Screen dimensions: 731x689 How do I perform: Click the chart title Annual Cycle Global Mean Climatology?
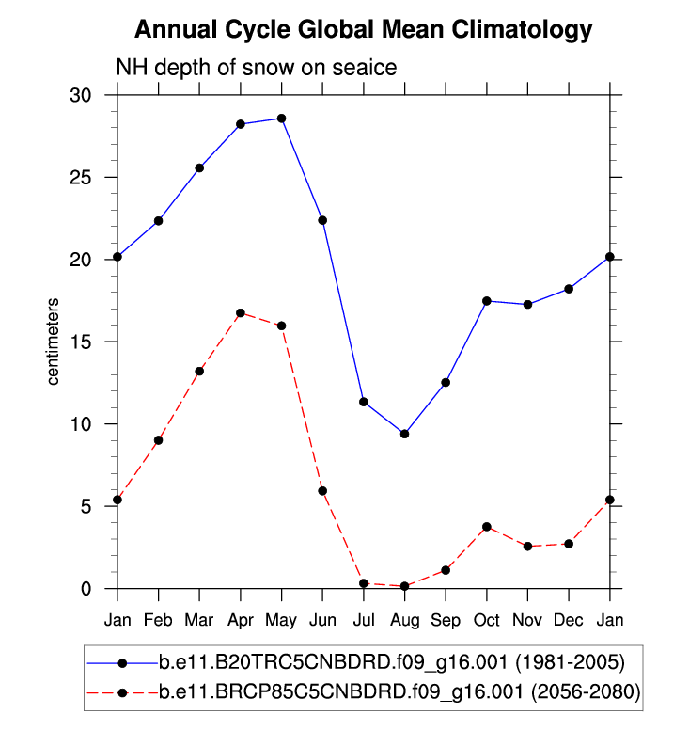coord(364,30)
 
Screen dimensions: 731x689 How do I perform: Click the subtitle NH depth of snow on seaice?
coord(256,68)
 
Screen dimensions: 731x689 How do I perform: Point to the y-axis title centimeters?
coord(54,342)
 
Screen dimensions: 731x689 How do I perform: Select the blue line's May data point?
coord(281,119)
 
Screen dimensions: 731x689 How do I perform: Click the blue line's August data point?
coord(404,434)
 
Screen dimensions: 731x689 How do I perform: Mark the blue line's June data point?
coord(322,220)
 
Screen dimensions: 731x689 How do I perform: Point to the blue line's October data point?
coord(487,301)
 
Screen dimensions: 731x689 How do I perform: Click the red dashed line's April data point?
coord(241,313)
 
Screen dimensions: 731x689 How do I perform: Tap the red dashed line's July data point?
coord(364,583)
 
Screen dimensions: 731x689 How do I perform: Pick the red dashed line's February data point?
coord(159,440)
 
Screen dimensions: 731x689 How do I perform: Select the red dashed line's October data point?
coord(487,527)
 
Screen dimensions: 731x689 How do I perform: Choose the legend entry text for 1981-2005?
coord(387,662)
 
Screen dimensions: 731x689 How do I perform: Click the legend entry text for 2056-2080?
coord(399,693)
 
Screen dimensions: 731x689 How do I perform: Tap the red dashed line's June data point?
coord(322,491)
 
